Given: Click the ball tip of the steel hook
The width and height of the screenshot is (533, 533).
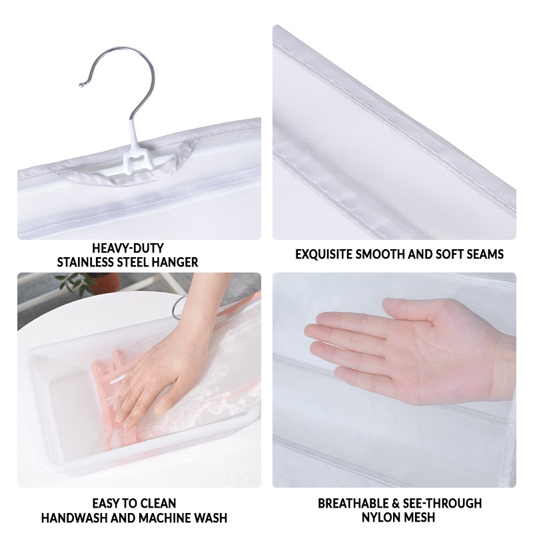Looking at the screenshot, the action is click(x=81, y=85).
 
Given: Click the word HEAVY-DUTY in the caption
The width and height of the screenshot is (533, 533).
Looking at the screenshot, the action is click(x=128, y=248).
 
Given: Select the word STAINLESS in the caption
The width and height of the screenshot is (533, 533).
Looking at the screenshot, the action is click(x=85, y=262).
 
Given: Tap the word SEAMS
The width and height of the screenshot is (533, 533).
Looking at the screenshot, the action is click(x=485, y=255).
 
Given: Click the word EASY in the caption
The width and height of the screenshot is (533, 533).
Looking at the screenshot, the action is click(x=105, y=503).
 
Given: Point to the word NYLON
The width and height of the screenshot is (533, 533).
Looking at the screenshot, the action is click(x=380, y=518).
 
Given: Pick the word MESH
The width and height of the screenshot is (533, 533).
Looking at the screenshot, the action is click(x=419, y=518).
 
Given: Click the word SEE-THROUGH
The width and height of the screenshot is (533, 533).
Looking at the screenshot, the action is click(x=442, y=503).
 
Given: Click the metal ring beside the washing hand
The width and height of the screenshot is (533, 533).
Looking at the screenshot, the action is click(x=177, y=306).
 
